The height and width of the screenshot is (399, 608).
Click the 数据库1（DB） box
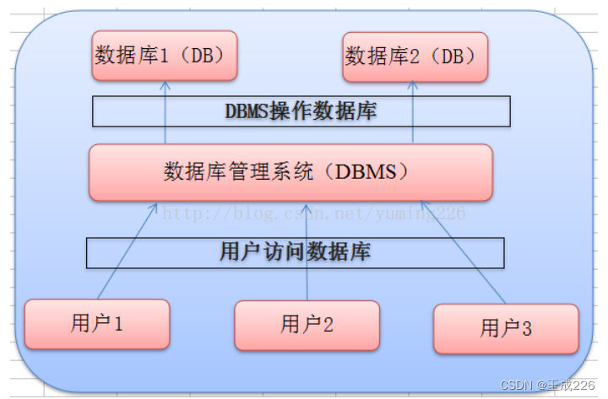(165, 57)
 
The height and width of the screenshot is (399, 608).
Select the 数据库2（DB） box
(415, 57)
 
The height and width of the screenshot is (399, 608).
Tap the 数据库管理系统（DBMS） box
(290, 172)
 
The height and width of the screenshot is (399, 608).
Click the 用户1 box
(97, 323)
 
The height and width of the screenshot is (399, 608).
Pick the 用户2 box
(307, 324)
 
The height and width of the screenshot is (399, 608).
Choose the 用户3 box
(506, 328)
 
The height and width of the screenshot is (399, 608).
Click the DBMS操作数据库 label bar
(301, 111)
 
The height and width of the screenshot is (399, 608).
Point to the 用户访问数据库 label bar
(295, 252)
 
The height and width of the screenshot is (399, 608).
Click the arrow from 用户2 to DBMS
(307, 253)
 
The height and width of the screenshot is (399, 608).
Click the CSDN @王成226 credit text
(548, 385)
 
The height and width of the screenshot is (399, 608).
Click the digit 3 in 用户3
(527, 328)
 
